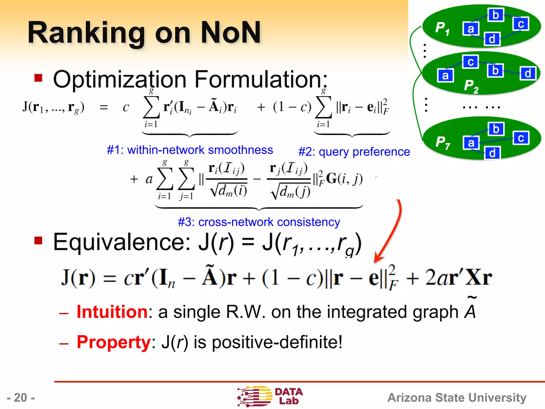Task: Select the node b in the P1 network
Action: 496,15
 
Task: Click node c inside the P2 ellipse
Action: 470,62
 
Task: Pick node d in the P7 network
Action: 492,153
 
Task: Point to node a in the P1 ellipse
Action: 471,29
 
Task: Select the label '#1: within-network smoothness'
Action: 190,150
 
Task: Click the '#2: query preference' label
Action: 354,152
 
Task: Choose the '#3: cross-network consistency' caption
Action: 259,222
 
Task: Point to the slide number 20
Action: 21,398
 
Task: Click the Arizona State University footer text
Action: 457,398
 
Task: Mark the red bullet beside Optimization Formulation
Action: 38,78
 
